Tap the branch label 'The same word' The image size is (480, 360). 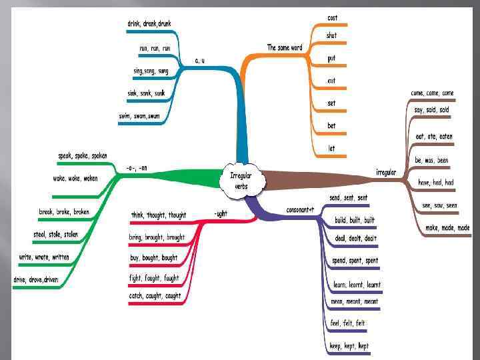pos(285,48)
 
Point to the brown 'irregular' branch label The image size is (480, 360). pos(386,173)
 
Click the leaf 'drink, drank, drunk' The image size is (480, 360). pos(149,24)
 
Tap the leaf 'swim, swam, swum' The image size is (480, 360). pos(139,116)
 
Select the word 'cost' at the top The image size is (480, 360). pos(332,17)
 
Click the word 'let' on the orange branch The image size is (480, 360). pos(331,148)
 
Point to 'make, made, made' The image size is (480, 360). pos(447,228)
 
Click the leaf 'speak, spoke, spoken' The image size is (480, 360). pos(83,156)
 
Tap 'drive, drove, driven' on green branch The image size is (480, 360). pos(35,279)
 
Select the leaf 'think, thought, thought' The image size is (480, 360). pos(159,215)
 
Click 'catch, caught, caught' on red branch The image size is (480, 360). pos(155,296)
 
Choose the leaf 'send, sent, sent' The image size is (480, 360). pos(349,198)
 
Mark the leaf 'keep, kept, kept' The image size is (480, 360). pos(349,346)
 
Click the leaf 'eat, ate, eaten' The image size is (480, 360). pos(433,137)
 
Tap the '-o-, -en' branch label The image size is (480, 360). pos(137,169)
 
